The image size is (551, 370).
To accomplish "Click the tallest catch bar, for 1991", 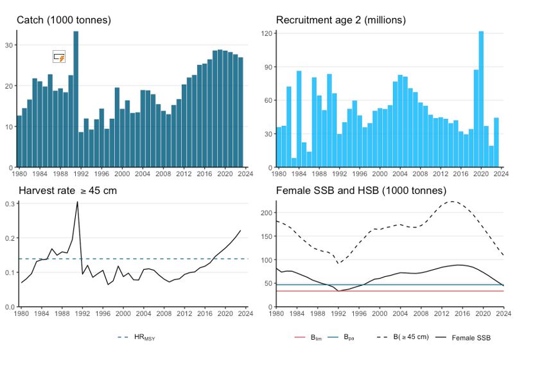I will tap(76, 100).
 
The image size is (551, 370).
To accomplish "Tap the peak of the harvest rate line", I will tap(77, 202).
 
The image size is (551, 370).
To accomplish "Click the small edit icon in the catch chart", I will tap(59, 57).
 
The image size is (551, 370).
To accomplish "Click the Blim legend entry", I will tap(308, 337).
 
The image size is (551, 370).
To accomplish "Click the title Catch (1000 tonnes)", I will tap(64, 20).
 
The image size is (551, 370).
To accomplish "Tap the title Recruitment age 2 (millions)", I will tap(340, 20).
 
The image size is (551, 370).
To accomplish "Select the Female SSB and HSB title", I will tap(361, 191).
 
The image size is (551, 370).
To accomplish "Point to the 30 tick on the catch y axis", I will tap(9, 45).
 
